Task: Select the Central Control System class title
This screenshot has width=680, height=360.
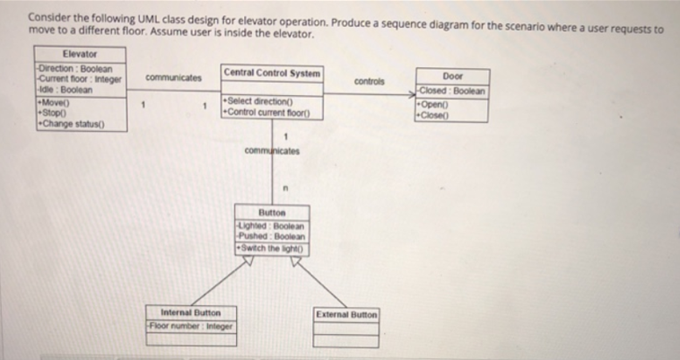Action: pyautogui.click(x=272, y=72)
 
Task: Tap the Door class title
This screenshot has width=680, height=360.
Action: pyautogui.click(x=453, y=77)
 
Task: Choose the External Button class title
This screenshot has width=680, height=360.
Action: pyautogui.click(x=346, y=314)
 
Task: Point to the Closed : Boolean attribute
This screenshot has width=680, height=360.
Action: pyautogui.click(x=454, y=91)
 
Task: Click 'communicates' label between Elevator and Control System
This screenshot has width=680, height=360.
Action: pyautogui.click(x=173, y=77)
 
